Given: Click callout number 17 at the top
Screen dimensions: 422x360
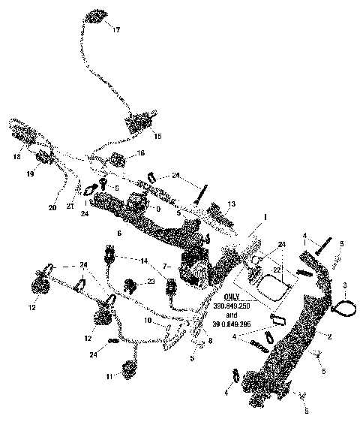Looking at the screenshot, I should pyautogui.click(x=115, y=31).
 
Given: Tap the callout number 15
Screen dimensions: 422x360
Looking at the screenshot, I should pyautogui.click(x=157, y=136).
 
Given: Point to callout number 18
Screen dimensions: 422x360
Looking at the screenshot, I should pyautogui.click(x=16, y=158).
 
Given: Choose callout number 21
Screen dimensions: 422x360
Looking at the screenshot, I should pyautogui.click(x=69, y=205).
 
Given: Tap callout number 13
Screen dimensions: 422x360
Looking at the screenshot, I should pyautogui.click(x=232, y=203).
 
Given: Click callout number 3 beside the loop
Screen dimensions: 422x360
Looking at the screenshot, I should pyautogui.click(x=345, y=285).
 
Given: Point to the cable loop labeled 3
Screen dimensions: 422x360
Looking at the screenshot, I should pyautogui.click(x=334, y=306).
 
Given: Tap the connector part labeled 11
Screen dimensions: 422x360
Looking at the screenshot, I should pyautogui.click(x=127, y=369).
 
